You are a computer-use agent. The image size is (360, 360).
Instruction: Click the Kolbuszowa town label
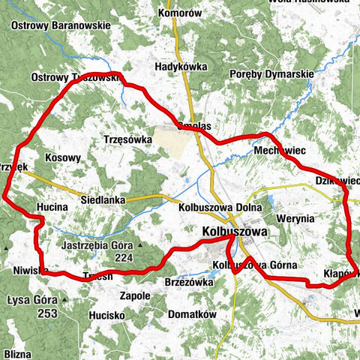(234, 234)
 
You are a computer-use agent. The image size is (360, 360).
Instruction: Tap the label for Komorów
(181, 13)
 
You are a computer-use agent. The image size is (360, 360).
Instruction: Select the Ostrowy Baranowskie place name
(61, 25)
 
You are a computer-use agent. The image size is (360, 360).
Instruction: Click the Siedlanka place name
(103, 201)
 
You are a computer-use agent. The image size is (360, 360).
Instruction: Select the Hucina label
(52, 205)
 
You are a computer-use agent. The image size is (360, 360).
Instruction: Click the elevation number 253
(46, 292)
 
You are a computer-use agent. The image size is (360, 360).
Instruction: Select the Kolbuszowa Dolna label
(220, 208)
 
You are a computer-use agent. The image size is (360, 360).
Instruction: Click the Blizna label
(17, 352)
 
